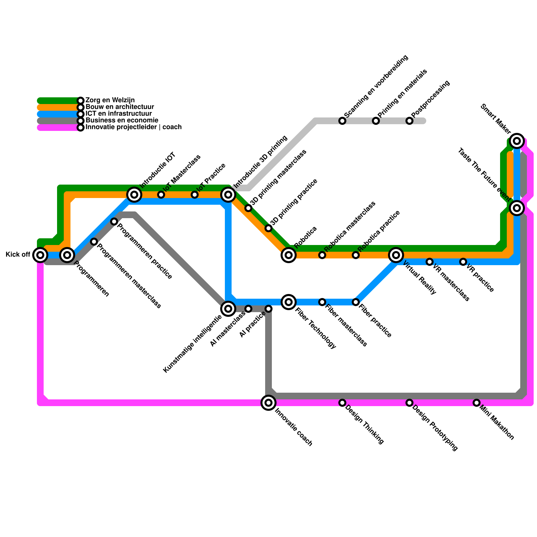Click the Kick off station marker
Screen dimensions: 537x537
coord(40,255)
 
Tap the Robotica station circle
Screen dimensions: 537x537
coord(289,255)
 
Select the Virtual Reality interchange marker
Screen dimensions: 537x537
coord(396,255)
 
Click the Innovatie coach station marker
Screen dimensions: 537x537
coord(268,403)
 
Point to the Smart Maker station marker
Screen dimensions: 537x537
coord(517,141)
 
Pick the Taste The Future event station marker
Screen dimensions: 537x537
coord(517,208)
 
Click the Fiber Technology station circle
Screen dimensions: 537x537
coord(289,302)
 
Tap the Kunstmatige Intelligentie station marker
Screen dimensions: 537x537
coord(228,309)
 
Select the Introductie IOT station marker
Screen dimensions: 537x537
coord(134,195)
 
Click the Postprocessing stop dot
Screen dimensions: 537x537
coord(409,121)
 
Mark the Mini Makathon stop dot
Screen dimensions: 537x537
coord(477,403)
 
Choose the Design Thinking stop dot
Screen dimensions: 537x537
coord(342,403)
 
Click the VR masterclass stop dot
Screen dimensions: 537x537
coord(430,262)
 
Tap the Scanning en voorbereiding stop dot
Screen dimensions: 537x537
coord(342,121)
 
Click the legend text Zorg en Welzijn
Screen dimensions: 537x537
coord(110,100)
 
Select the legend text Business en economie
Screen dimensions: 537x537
coord(122,120)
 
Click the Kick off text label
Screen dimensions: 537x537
coord(18,255)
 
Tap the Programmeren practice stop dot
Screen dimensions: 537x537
coord(114,222)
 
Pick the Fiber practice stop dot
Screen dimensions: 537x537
coord(356,302)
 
